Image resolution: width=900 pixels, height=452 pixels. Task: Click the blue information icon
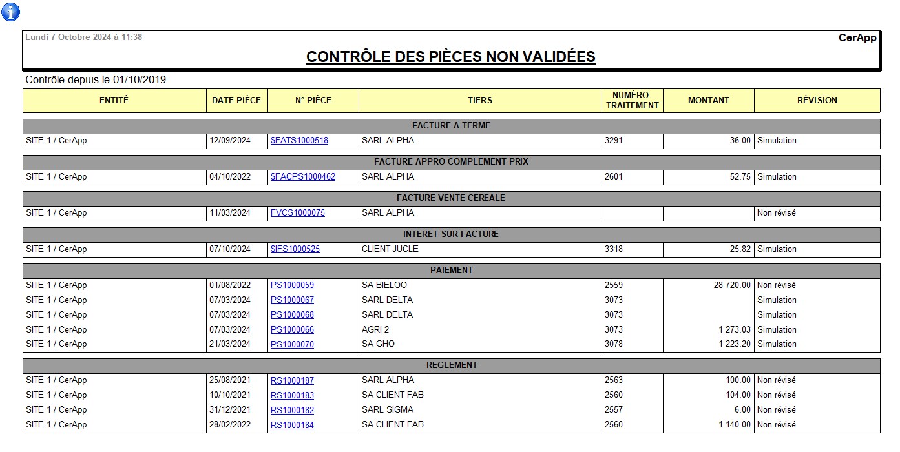(x=10, y=12)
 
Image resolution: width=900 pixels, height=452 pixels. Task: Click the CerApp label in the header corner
(x=857, y=38)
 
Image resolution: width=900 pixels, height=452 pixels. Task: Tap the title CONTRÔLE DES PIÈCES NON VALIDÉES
(x=450, y=57)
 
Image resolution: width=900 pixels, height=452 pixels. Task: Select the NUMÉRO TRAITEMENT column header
(x=632, y=100)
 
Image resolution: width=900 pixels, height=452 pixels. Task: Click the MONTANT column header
(x=708, y=100)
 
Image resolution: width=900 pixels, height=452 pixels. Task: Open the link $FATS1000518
(x=299, y=141)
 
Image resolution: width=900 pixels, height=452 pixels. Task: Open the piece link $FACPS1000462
(x=303, y=177)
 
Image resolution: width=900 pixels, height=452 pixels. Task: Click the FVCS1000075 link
(x=297, y=213)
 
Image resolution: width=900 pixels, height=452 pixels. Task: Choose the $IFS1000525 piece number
(x=295, y=249)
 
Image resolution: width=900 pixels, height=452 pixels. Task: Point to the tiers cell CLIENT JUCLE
(x=390, y=249)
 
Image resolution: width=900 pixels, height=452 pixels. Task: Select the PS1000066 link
(x=292, y=330)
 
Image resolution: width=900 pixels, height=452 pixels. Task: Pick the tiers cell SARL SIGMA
(x=387, y=410)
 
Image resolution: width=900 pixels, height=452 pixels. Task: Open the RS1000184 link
(x=292, y=425)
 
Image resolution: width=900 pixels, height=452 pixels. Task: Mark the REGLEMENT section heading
(x=451, y=365)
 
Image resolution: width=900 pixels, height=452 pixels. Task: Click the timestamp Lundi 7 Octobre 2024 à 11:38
(x=83, y=37)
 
